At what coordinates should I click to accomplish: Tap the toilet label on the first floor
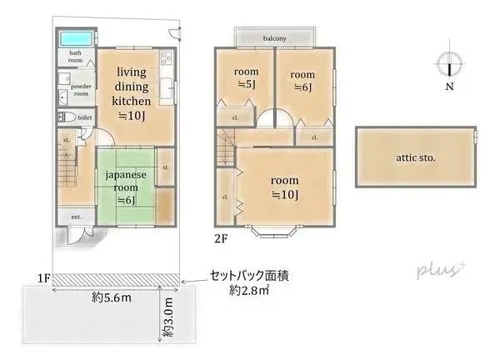point(85,118)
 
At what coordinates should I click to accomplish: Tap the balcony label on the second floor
point(275,38)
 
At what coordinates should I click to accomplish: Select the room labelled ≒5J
point(246,78)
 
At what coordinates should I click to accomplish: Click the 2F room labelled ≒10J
point(285,187)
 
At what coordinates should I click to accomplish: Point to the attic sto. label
point(416,156)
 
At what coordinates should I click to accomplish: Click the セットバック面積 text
point(250,275)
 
